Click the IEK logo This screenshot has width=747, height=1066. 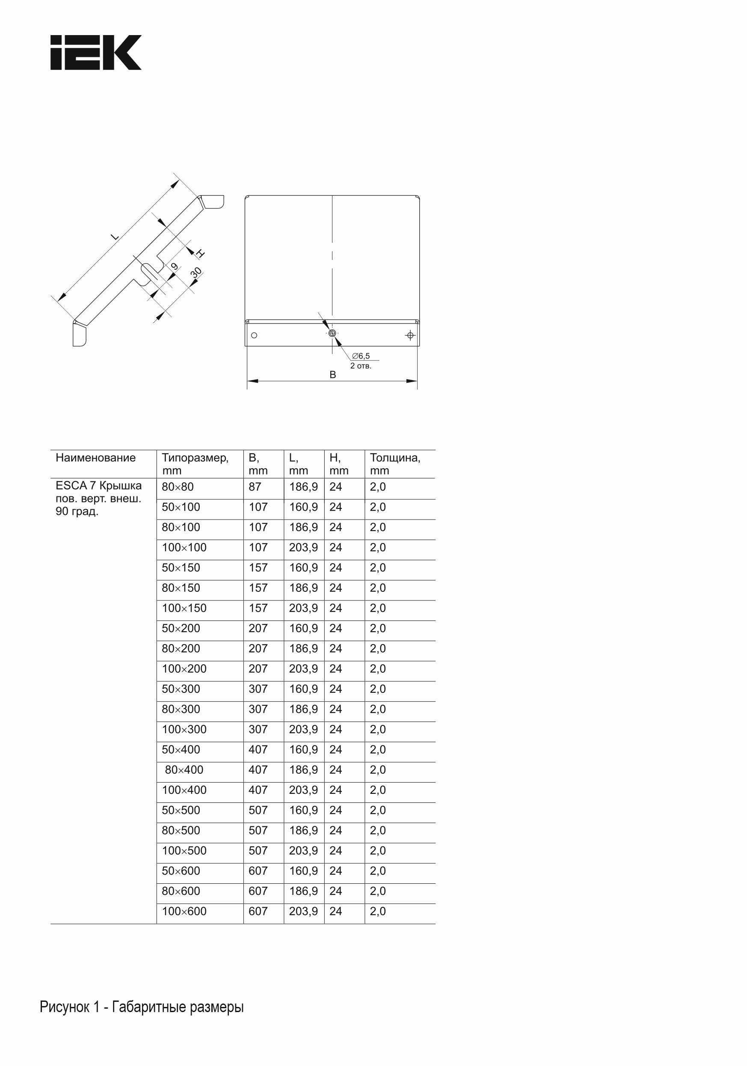pyautogui.click(x=96, y=53)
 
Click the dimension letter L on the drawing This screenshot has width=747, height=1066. pyautogui.click(x=115, y=236)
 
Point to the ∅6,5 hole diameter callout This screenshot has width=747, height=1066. pyautogui.click(x=361, y=356)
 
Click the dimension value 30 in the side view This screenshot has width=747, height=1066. pyautogui.click(x=196, y=273)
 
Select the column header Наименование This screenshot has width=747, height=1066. pyautogui.click(x=96, y=458)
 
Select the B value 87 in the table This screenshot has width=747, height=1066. pyautogui.click(x=255, y=487)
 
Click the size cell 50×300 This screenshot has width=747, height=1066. pyautogui.click(x=181, y=689)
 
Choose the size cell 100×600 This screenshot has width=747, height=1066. pyautogui.click(x=184, y=912)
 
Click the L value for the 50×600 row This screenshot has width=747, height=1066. pyautogui.click(x=303, y=871)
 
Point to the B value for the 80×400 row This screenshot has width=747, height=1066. pyautogui.click(x=258, y=770)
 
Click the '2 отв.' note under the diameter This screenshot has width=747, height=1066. pyautogui.click(x=361, y=366)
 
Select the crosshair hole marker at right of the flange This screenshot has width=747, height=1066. pyautogui.click(x=410, y=335)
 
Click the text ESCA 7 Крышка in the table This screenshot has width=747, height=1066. pyautogui.click(x=98, y=486)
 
